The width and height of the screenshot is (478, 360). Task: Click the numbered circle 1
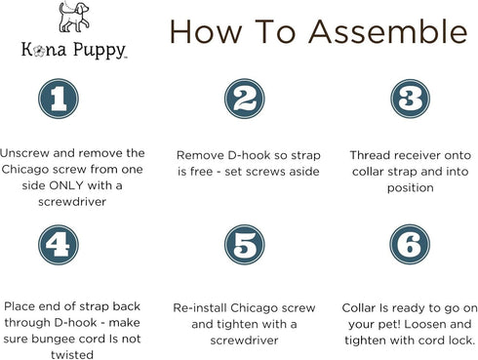59,99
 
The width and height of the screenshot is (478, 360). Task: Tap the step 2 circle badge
245,99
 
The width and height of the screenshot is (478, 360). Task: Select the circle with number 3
410,99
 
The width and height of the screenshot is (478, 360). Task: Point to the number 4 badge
59,245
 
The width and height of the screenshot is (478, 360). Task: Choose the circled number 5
245,245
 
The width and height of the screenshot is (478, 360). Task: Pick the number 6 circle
410,244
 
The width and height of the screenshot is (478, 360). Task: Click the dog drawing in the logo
73,17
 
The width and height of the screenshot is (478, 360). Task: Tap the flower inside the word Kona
40,51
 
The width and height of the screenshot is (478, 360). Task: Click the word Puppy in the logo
99,51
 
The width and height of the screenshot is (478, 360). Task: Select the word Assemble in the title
388,31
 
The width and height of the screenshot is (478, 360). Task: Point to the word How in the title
206,32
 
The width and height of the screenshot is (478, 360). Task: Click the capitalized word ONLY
66,185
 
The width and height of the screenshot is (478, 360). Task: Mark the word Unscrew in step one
24,153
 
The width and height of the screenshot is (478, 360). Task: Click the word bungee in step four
53,340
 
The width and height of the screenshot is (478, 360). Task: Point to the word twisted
72,354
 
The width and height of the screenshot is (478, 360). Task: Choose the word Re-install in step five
200,307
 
